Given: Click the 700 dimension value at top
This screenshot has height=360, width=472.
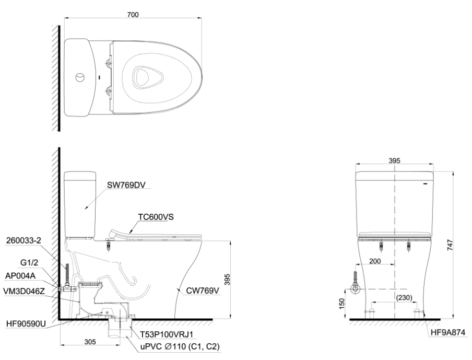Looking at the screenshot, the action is pyautogui.click(x=133, y=15).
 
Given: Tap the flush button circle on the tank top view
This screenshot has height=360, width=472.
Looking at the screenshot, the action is pyautogui.click(x=80, y=77).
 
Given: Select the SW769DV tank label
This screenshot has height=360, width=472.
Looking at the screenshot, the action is pyautogui.click(x=126, y=184).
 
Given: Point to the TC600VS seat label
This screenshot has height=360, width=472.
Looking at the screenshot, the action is pyautogui.click(x=156, y=217).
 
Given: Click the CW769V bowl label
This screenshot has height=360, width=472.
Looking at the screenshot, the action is pyautogui.click(x=203, y=291).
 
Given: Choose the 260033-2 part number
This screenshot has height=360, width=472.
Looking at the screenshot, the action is pyautogui.click(x=23, y=241).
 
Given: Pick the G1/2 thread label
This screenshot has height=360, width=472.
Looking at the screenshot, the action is pyautogui.click(x=29, y=263).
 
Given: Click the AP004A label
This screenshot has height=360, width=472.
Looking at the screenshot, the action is pyautogui.click(x=20, y=276).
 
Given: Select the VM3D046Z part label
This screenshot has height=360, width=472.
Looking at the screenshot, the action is pyautogui.click(x=24, y=291).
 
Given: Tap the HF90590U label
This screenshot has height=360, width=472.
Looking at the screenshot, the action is pyautogui.click(x=26, y=324).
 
